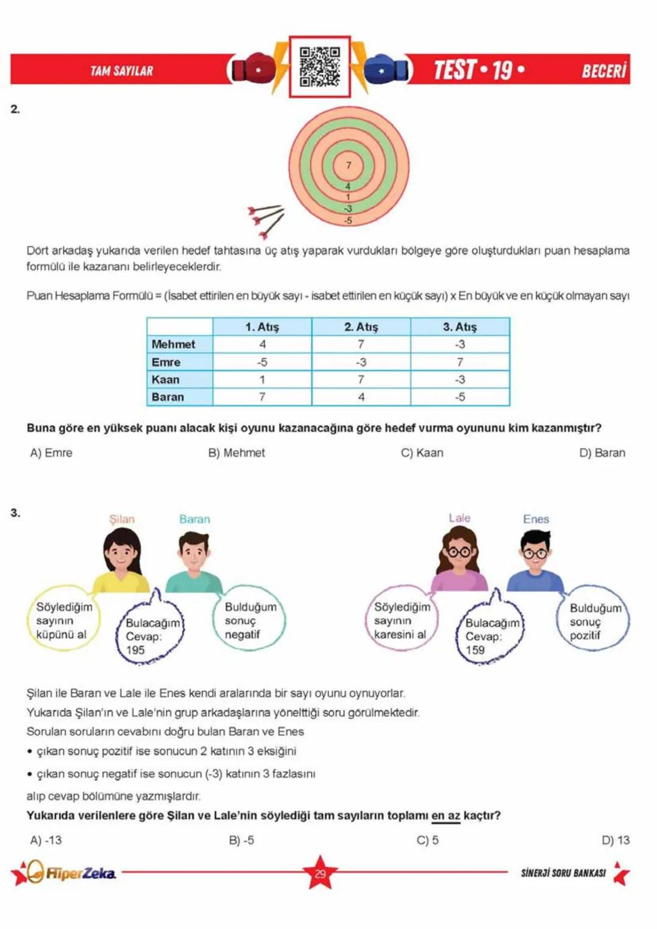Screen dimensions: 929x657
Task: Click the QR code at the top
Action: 319,66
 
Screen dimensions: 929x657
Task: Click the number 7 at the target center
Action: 349,165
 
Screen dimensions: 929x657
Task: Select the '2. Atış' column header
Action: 361,327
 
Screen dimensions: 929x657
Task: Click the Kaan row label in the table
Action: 166,380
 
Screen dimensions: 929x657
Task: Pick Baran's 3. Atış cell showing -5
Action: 460,397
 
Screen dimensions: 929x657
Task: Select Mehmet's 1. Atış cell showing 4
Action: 262,344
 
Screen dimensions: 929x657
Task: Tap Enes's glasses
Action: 535,554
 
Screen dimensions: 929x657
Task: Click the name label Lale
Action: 459,518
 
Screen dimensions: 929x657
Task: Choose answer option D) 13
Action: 615,840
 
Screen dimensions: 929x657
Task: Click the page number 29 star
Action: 320,873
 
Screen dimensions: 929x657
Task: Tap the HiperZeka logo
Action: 67,873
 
